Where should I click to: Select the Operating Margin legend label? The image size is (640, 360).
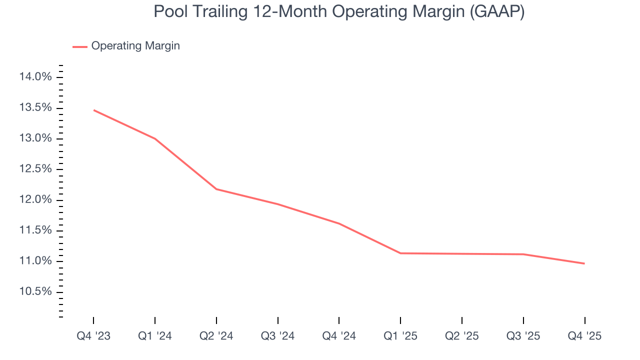pyautogui.click(x=135, y=46)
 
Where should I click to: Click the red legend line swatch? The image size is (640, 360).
pyautogui.click(x=80, y=46)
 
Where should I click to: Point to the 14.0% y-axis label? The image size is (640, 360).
pyautogui.click(x=35, y=77)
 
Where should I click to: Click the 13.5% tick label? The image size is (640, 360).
pyautogui.click(x=35, y=108)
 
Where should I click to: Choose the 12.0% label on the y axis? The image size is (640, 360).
pyautogui.click(x=35, y=200)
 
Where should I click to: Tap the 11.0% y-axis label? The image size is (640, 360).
pyautogui.click(x=35, y=261)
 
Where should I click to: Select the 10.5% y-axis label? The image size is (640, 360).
pyautogui.click(x=35, y=292)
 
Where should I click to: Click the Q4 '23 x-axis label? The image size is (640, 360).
pyautogui.click(x=93, y=336)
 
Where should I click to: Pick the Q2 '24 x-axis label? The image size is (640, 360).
pyautogui.click(x=216, y=336)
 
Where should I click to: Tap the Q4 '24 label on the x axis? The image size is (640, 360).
pyautogui.click(x=339, y=336)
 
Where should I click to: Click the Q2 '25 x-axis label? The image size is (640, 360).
pyautogui.click(x=462, y=336)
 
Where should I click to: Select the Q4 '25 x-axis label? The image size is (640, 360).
pyautogui.click(x=584, y=336)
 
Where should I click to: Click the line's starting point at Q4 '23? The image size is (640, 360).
pyautogui.click(x=93, y=110)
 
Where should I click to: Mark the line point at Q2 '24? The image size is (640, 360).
pyautogui.click(x=216, y=189)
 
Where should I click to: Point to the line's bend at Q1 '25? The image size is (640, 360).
pyautogui.click(x=400, y=253)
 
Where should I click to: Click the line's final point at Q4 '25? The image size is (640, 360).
pyautogui.click(x=584, y=263)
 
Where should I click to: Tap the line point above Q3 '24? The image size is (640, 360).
pyautogui.click(x=277, y=204)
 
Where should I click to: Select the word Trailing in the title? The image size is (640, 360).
pyautogui.click(x=217, y=11)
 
